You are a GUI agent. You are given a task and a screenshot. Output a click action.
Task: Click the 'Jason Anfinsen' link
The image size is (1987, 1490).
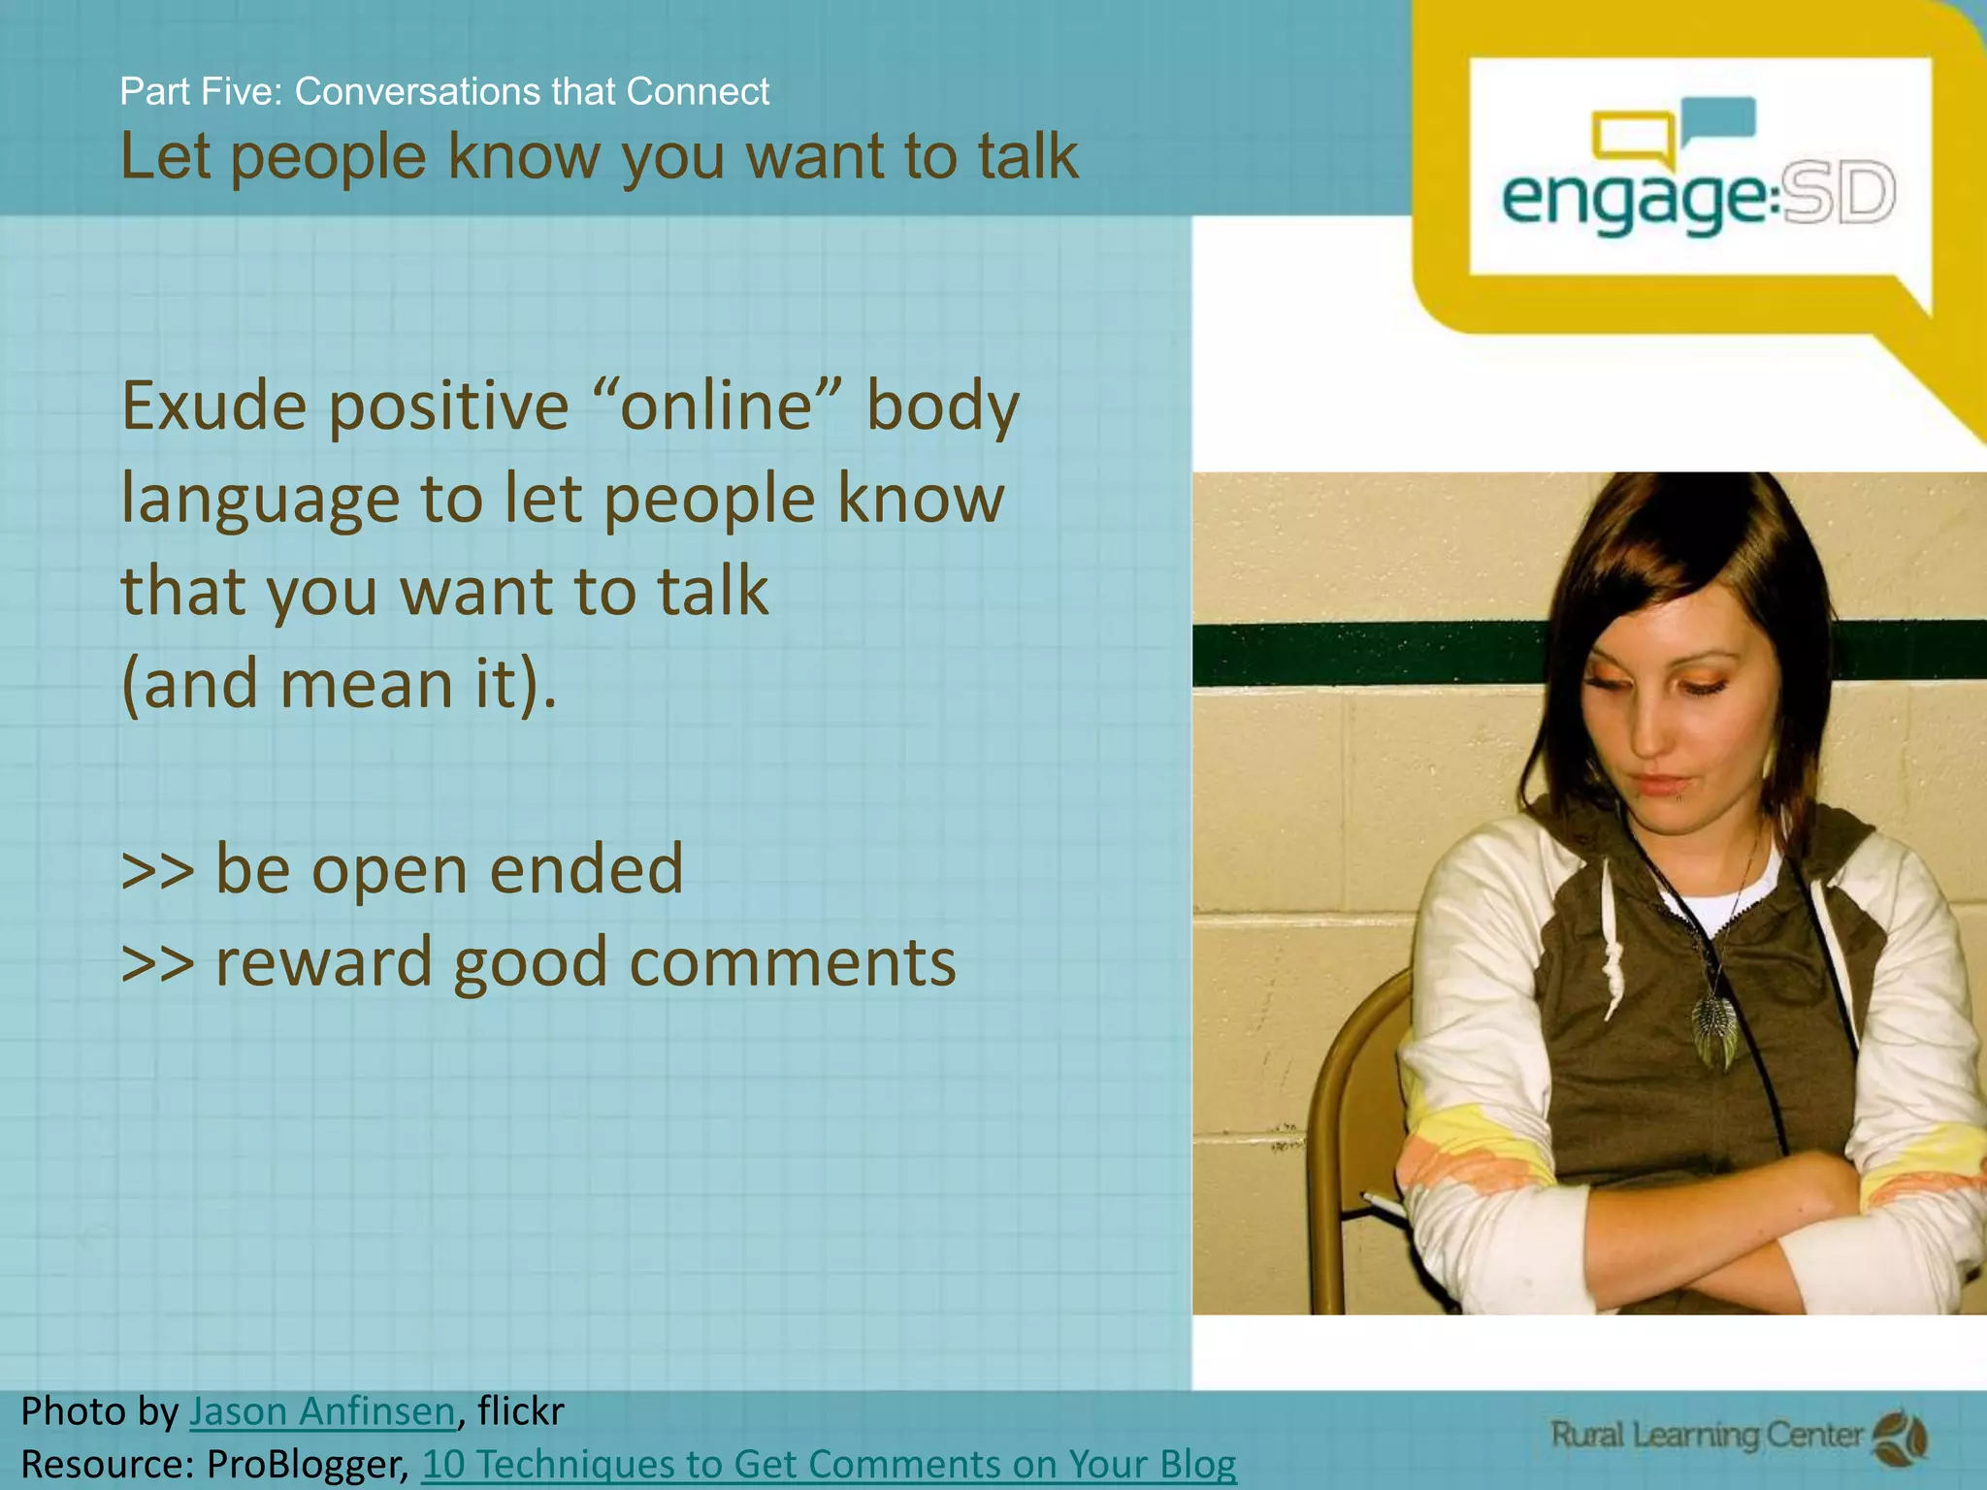pyautogui.click(x=322, y=1411)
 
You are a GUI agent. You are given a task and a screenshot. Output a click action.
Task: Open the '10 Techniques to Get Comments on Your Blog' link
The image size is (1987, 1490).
pyautogui.click(x=830, y=1464)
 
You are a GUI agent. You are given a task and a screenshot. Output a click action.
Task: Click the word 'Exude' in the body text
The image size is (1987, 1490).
pyautogui.click(x=213, y=406)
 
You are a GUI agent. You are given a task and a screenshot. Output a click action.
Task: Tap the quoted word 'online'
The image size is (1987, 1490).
pyautogui.click(x=716, y=406)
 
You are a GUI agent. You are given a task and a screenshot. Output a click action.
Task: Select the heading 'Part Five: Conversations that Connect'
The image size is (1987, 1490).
pyautogui.click(x=444, y=91)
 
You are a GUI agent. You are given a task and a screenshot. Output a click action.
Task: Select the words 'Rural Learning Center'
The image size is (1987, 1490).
pyautogui.click(x=1708, y=1435)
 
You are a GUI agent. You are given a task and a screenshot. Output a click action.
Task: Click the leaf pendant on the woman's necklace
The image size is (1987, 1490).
pyautogui.click(x=1713, y=1029)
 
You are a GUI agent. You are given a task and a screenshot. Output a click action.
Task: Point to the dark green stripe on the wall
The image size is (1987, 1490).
pyautogui.click(x=1358, y=655)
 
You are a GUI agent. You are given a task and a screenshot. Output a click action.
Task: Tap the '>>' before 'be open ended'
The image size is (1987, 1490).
pyautogui.click(x=157, y=869)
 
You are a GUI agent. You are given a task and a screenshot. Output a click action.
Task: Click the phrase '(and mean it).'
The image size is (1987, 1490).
pyautogui.click(x=340, y=684)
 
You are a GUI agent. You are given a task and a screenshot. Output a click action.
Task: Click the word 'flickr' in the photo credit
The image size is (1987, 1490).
pyautogui.click(x=521, y=1411)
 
